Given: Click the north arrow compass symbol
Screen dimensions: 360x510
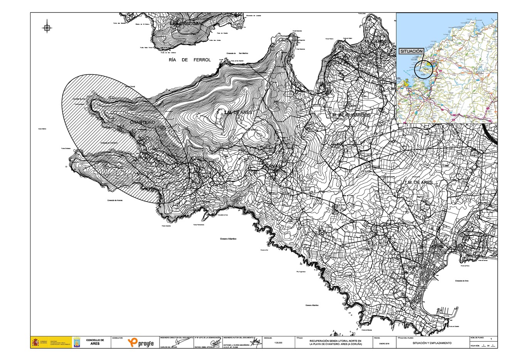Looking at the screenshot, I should (47, 28).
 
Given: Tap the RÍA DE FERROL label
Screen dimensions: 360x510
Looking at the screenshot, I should (190, 60).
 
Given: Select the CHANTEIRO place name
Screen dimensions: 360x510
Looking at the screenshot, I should (143, 122).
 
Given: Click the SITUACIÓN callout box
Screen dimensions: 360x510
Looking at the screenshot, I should (412, 51).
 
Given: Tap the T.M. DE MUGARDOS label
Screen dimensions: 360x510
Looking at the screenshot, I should (350, 115).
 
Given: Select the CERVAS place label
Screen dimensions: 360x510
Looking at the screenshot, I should (273, 165).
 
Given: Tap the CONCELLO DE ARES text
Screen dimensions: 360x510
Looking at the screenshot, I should (95, 342).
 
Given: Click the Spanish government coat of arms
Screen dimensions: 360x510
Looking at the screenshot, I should (36, 342).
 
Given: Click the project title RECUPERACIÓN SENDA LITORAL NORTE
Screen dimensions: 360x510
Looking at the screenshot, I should (336, 341).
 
